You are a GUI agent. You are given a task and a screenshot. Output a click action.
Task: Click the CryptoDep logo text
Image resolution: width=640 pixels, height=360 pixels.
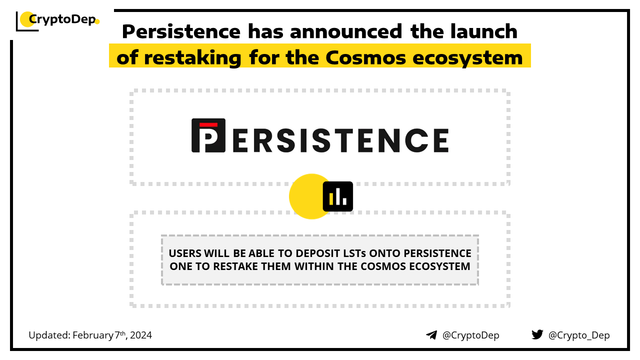[62, 19]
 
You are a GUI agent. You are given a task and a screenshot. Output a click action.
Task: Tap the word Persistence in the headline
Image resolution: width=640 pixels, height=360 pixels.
[181, 31]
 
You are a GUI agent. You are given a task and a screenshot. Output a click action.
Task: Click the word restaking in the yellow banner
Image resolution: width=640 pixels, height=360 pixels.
[193, 58]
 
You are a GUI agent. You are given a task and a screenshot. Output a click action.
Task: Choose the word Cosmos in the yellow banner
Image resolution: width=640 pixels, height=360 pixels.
[365, 57]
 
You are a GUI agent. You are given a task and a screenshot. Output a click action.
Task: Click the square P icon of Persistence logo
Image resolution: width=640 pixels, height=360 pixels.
[208, 135]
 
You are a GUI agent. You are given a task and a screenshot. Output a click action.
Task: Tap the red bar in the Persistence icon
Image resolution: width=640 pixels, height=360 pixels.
[208, 125]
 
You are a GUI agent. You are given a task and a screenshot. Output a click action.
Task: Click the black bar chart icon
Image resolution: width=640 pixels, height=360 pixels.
[337, 196]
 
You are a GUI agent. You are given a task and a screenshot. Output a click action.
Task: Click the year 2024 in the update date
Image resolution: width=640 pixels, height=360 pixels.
[141, 335]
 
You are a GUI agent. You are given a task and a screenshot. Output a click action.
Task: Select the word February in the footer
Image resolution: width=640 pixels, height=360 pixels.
[93, 335]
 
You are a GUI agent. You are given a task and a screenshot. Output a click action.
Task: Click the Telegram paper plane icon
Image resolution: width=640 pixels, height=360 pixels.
[431, 335]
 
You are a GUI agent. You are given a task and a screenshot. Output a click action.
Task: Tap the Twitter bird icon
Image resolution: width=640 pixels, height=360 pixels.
[537, 334]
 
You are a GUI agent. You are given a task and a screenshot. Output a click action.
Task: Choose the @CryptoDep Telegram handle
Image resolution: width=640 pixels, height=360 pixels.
[470, 335]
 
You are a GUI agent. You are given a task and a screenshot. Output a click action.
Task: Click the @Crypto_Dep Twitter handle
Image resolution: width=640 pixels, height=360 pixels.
[579, 335]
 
